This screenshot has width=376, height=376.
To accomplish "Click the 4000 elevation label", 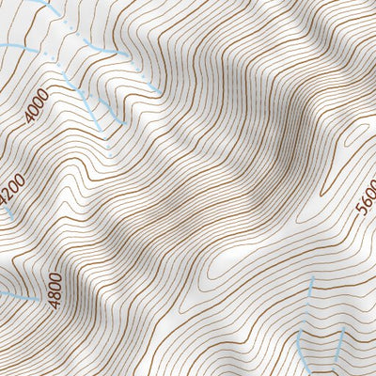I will (x=37, y=107).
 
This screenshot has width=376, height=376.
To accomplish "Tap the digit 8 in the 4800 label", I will (x=55, y=294).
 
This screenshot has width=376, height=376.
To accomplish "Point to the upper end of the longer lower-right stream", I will (x=311, y=279).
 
